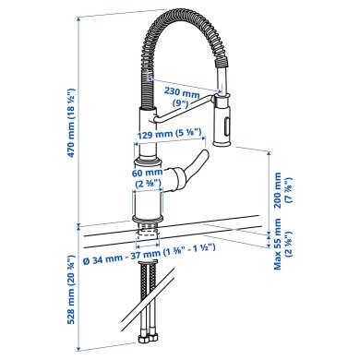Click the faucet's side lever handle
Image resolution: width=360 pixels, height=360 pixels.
pyautogui.click(x=191, y=173)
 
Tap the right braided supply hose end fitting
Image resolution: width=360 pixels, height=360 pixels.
pyautogui.click(x=155, y=340)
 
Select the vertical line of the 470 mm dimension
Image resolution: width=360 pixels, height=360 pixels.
pyautogui.click(x=76, y=120)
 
